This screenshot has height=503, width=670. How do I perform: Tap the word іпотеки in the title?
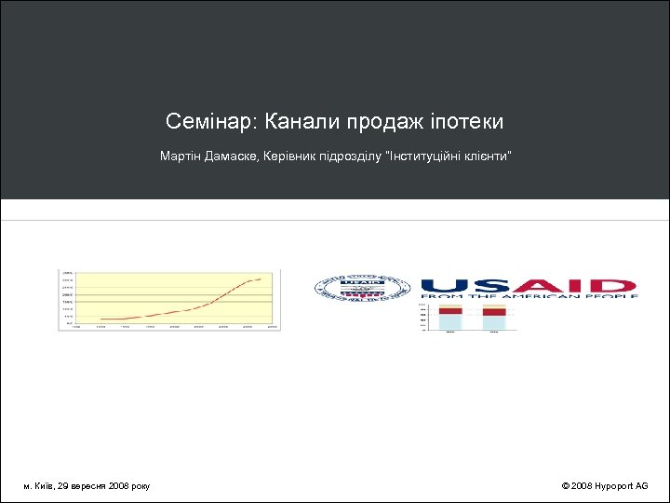pyautogui.click(x=467, y=122)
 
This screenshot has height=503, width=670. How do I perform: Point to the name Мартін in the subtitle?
pyautogui.click(x=177, y=156)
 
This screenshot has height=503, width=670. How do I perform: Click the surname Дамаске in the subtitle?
pyautogui.click(x=225, y=156)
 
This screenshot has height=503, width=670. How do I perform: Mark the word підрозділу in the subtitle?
pyautogui.click(x=344, y=156)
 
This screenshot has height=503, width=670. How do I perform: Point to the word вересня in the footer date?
pyautogui.click(x=88, y=486)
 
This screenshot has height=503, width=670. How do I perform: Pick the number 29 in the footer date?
pyautogui.click(x=62, y=486)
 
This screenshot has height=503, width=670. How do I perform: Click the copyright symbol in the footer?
pyautogui.click(x=566, y=486)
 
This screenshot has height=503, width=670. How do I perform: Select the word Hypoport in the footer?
pyautogui.click(x=614, y=486)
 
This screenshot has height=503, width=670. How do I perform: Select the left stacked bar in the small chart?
pyautogui.click(x=450, y=318)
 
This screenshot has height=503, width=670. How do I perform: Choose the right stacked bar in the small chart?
pyautogui.click(x=494, y=318)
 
